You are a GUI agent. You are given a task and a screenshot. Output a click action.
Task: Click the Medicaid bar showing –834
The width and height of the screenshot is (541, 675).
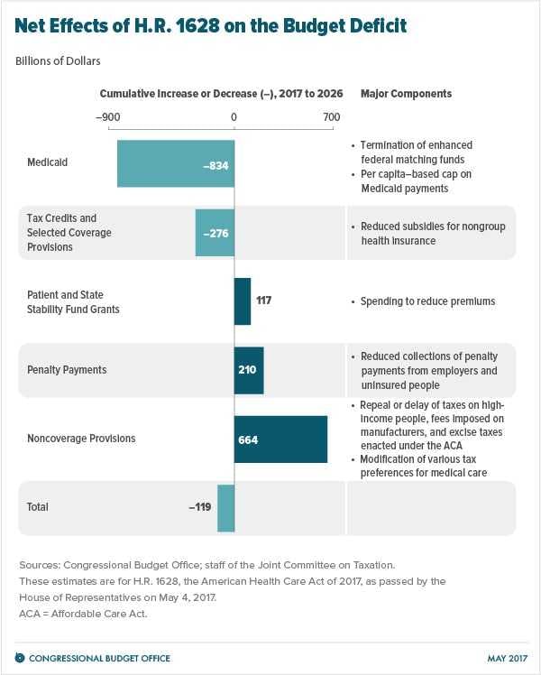(175, 163)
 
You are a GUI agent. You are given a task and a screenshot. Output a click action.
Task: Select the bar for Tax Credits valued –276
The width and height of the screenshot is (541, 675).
(215, 233)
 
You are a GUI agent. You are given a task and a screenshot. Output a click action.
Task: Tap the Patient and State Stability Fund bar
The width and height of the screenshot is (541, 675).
(243, 301)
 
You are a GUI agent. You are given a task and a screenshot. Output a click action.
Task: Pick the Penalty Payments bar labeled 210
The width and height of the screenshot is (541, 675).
(249, 370)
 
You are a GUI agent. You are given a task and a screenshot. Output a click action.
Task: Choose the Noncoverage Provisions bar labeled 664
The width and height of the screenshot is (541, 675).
(280, 439)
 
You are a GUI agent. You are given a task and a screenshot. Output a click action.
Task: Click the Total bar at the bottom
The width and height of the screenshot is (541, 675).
(225, 507)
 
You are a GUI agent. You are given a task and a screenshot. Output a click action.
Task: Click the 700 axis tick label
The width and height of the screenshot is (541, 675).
(331, 116)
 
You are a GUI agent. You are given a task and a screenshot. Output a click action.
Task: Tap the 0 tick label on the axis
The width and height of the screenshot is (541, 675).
(234, 116)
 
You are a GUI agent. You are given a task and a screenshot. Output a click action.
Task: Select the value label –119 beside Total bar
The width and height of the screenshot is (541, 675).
(199, 507)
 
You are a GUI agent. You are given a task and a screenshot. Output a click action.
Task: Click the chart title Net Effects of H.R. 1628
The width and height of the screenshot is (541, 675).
(210, 26)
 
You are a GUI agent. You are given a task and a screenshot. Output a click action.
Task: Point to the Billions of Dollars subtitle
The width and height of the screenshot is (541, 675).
(58, 61)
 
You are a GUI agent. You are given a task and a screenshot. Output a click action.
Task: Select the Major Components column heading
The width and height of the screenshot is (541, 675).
(406, 94)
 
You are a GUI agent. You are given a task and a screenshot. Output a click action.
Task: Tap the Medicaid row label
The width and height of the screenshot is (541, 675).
(47, 163)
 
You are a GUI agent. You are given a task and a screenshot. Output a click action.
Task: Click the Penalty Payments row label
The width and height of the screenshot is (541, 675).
(67, 370)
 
